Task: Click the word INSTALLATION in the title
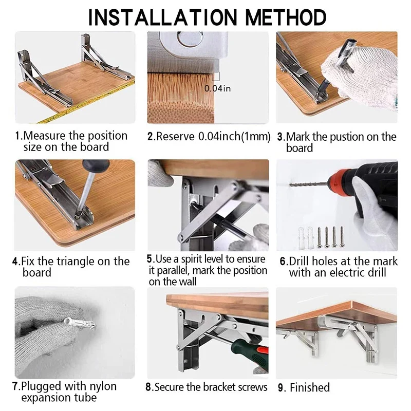pos(163,17)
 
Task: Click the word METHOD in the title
pos(286,17)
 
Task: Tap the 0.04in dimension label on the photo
pos(217,88)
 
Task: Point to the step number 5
pos(150,259)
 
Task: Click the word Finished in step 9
pos(310,388)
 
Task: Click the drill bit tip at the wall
pos(290,185)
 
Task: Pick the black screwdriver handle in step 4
pos(96,165)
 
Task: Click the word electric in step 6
pos(346,273)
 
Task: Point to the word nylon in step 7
pos(103,387)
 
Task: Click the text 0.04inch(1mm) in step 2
pos(234,137)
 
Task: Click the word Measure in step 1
pos(44,136)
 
